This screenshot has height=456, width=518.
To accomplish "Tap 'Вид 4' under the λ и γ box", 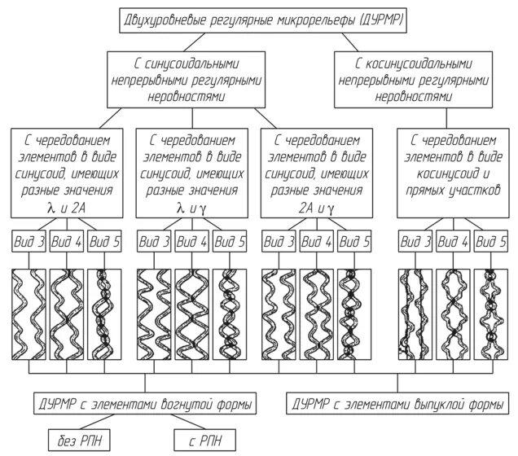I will (x=191, y=242).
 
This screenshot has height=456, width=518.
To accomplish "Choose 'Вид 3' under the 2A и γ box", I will (x=279, y=242).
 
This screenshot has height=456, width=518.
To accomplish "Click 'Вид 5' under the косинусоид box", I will (x=491, y=242).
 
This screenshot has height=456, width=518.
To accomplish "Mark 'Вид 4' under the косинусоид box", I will (x=453, y=242).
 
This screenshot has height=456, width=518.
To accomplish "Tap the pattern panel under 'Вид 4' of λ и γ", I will (x=191, y=313).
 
